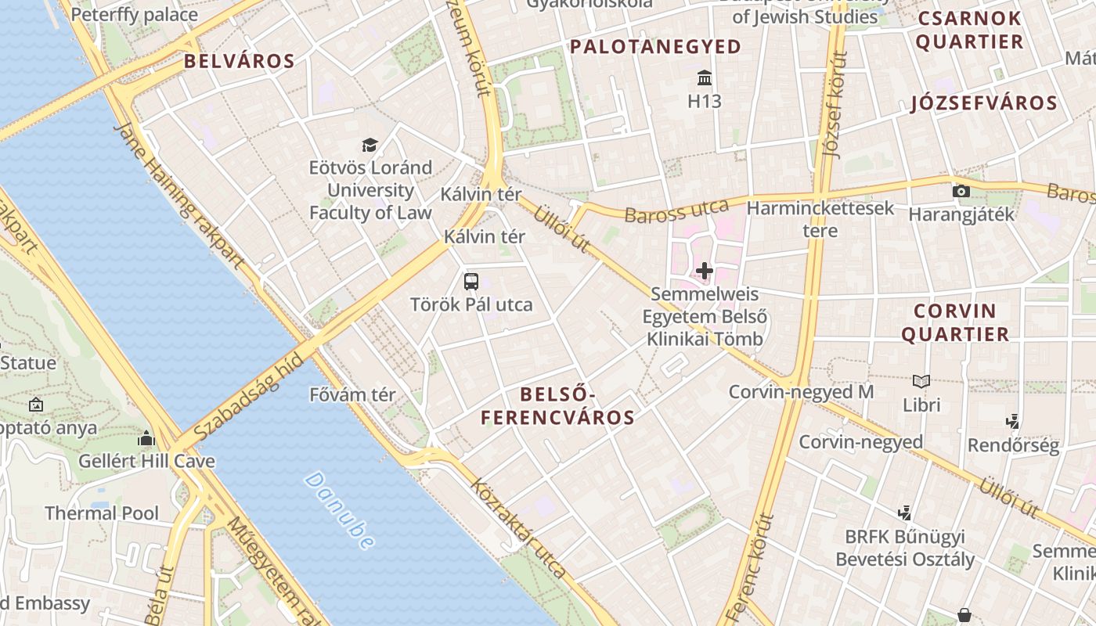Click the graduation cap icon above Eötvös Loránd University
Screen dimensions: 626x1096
click(x=370, y=145)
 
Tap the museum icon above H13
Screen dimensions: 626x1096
click(x=704, y=78)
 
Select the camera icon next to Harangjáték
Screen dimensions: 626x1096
click(x=961, y=191)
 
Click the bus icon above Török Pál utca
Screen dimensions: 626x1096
click(x=471, y=282)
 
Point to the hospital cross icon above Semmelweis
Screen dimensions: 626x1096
click(x=704, y=271)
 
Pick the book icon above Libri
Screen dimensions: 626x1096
click(x=921, y=382)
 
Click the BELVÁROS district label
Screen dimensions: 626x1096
click(x=239, y=61)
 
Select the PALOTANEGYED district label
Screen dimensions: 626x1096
click(x=655, y=47)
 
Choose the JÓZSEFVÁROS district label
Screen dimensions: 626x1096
click(x=984, y=103)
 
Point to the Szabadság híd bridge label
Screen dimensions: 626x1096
click(x=247, y=396)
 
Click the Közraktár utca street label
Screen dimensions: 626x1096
click(x=518, y=527)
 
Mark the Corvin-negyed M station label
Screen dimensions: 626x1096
click(x=800, y=391)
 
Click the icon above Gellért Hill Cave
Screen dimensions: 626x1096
click(x=146, y=439)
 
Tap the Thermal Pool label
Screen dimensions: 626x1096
click(x=102, y=513)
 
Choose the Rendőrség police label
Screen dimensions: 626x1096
click(x=1013, y=446)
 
